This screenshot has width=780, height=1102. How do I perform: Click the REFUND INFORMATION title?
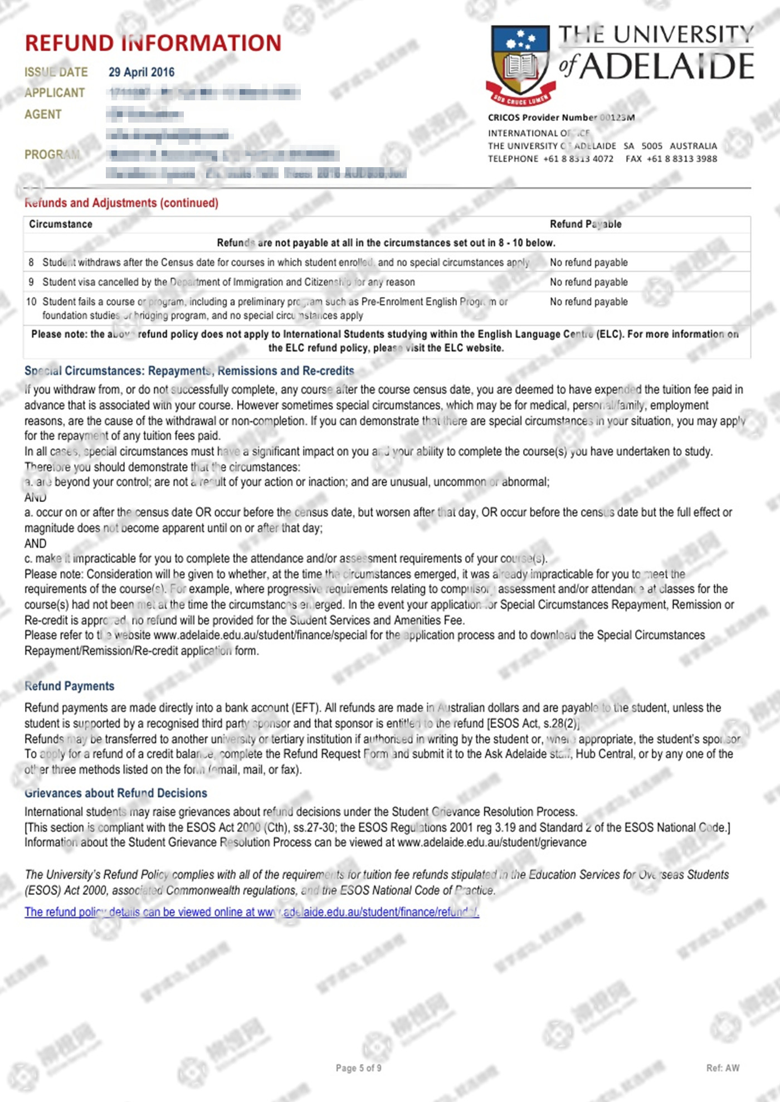pos(153,43)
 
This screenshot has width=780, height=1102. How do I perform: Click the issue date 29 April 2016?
pos(142,72)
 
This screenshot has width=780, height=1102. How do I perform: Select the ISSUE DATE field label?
pos(56,72)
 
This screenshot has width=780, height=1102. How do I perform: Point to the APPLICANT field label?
pos(55,93)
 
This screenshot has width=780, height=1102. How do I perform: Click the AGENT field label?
pos(43,114)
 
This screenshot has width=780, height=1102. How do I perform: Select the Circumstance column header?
pos(61,224)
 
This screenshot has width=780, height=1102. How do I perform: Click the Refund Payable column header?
pos(586,224)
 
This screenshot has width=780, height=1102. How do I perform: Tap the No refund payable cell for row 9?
pos(588,282)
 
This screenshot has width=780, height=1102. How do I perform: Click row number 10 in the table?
pos(31,301)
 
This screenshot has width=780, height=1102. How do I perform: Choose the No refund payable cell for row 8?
pos(588,262)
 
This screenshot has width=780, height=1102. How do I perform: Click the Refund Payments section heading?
pos(70,686)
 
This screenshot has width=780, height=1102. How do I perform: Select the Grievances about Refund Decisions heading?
pos(116,793)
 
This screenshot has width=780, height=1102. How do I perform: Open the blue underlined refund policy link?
pos(252,912)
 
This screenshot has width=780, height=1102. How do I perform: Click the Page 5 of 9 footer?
pos(358,1068)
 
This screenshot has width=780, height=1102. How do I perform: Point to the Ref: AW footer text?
pos(723,1068)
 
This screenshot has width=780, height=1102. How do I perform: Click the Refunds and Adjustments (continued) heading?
pos(121,203)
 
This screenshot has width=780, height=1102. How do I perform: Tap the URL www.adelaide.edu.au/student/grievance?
pos(492,842)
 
